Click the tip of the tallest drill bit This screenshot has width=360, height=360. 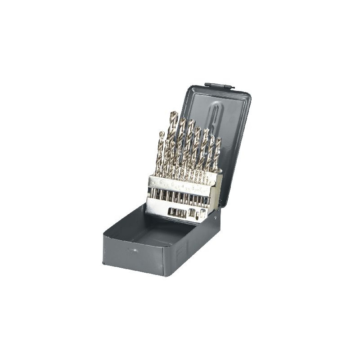[174, 112]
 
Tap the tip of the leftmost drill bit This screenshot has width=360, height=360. [161, 133]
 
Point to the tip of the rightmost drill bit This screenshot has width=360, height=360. [219, 139]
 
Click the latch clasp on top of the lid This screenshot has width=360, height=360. [220, 85]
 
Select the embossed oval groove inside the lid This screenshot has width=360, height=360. [216, 121]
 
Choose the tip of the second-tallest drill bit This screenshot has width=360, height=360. [183, 119]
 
